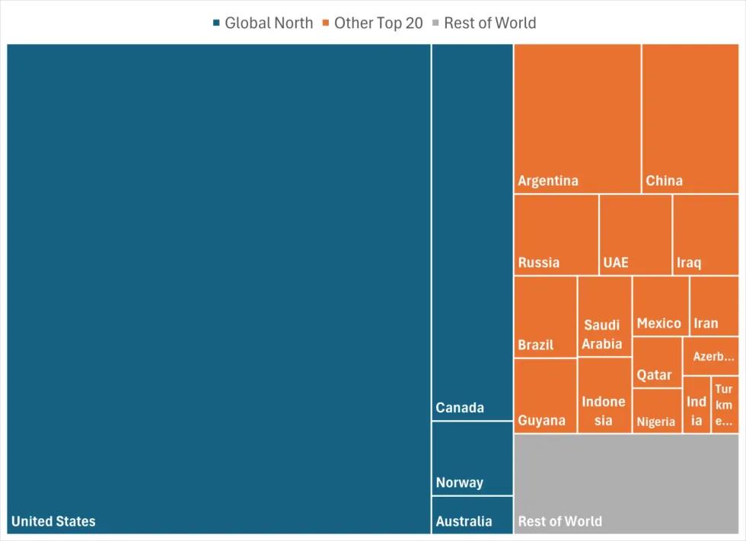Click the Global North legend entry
[263, 23]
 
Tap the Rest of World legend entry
[483, 23]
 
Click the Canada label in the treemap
[460, 408]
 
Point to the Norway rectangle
[472, 458]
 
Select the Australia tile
[472, 514]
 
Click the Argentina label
[548, 181]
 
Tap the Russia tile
[556, 234]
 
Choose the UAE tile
[636, 234]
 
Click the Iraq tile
[706, 234]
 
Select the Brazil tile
[545, 317]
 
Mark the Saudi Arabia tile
[604, 316]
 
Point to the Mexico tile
[660, 306]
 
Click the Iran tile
[714, 306]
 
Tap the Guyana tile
[545, 396]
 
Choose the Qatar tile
[657, 362]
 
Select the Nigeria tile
[657, 411]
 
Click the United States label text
[53, 521]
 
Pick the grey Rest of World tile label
[559, 521]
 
